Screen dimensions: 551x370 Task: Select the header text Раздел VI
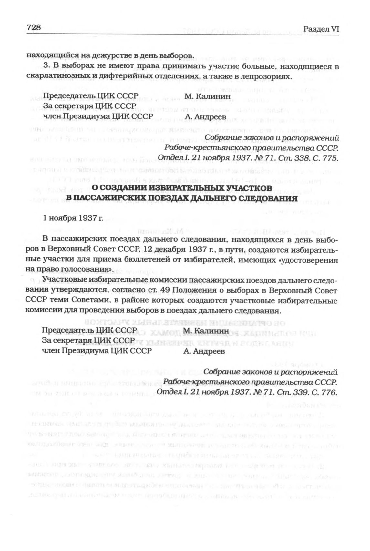321,29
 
